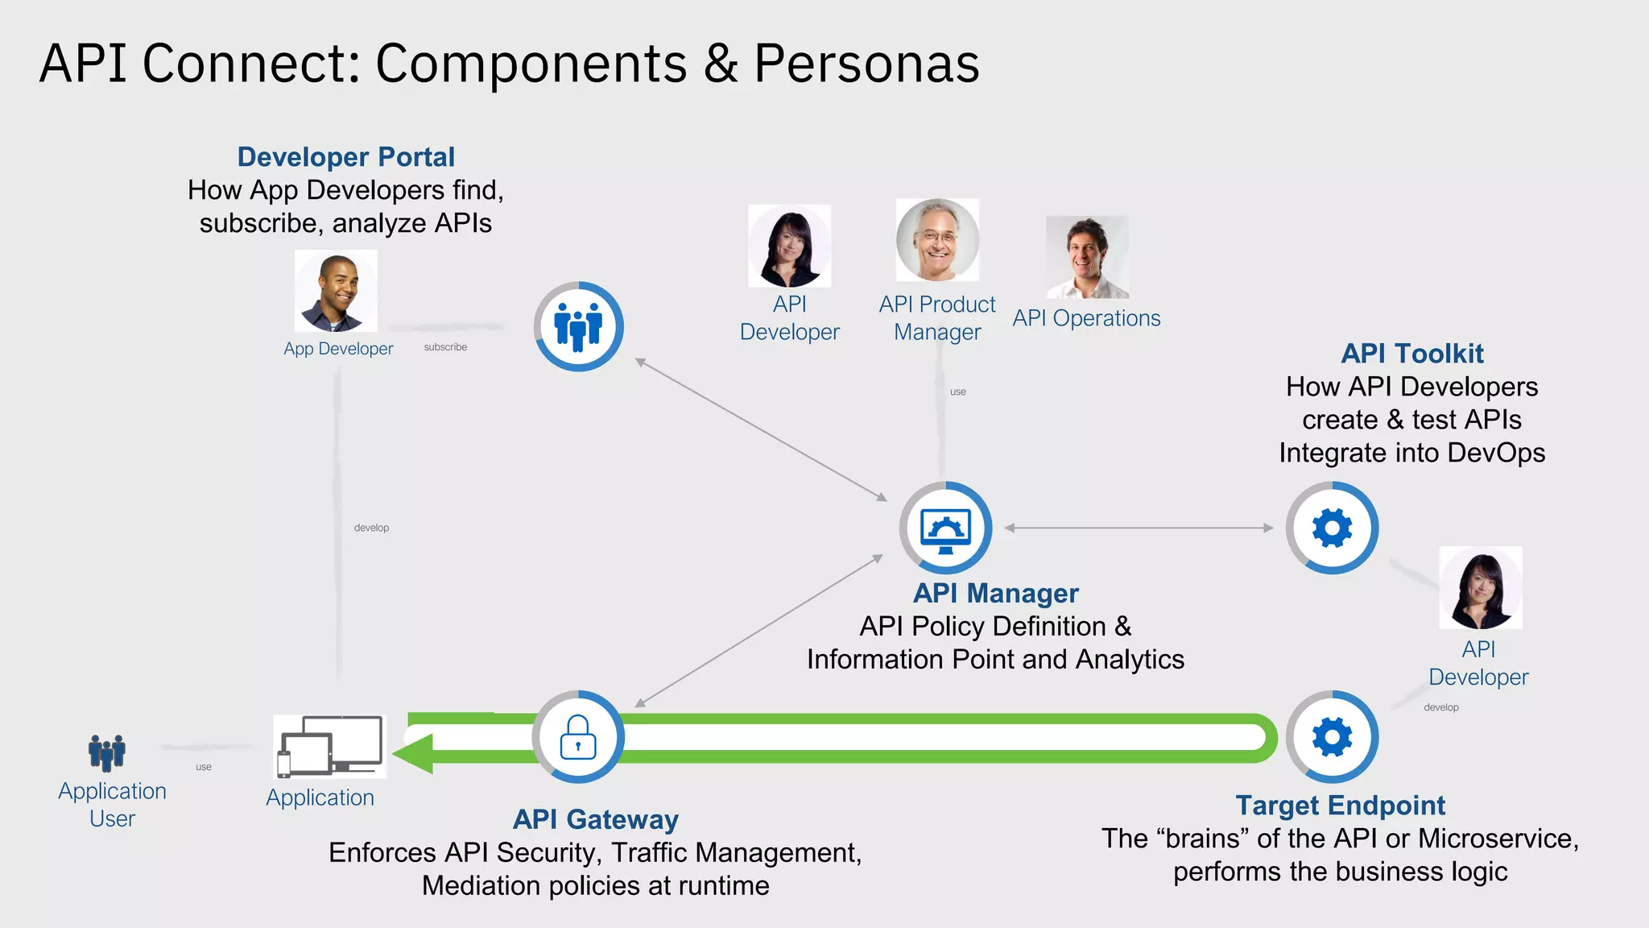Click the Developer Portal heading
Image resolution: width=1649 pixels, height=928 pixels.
[345, 157]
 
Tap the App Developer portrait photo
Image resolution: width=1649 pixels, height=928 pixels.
[336, 292]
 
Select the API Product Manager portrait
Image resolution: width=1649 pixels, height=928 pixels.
[937, 240]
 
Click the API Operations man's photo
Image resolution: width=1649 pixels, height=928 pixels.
[1087, 257]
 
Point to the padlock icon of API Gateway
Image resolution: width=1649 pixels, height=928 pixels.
[578, 737]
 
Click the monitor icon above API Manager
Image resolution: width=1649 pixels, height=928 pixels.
[945, 528]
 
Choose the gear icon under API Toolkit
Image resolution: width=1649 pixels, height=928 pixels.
[1332, 528]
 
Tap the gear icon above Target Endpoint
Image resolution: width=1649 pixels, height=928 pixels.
[1332, 737]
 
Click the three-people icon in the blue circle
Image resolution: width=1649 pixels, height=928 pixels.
[578, 326]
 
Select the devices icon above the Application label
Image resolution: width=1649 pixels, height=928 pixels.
[329, 746]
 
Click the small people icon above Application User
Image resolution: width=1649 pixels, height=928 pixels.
[107, 752]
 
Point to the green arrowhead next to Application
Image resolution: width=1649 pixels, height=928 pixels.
[413, 752]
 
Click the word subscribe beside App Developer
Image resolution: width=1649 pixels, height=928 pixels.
[445, 347]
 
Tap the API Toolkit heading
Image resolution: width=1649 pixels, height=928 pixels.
[1411, 354]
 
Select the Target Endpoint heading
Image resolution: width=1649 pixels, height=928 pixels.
[1340, 806]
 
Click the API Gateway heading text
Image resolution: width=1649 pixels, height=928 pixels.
[596, 819]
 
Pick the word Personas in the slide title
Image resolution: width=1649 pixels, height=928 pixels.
[866, 64]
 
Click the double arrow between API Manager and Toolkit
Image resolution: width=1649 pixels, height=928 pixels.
[1139, 528]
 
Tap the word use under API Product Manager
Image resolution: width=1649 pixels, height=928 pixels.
[958, 392]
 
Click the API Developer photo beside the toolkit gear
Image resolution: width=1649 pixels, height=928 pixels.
[1480, 588]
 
